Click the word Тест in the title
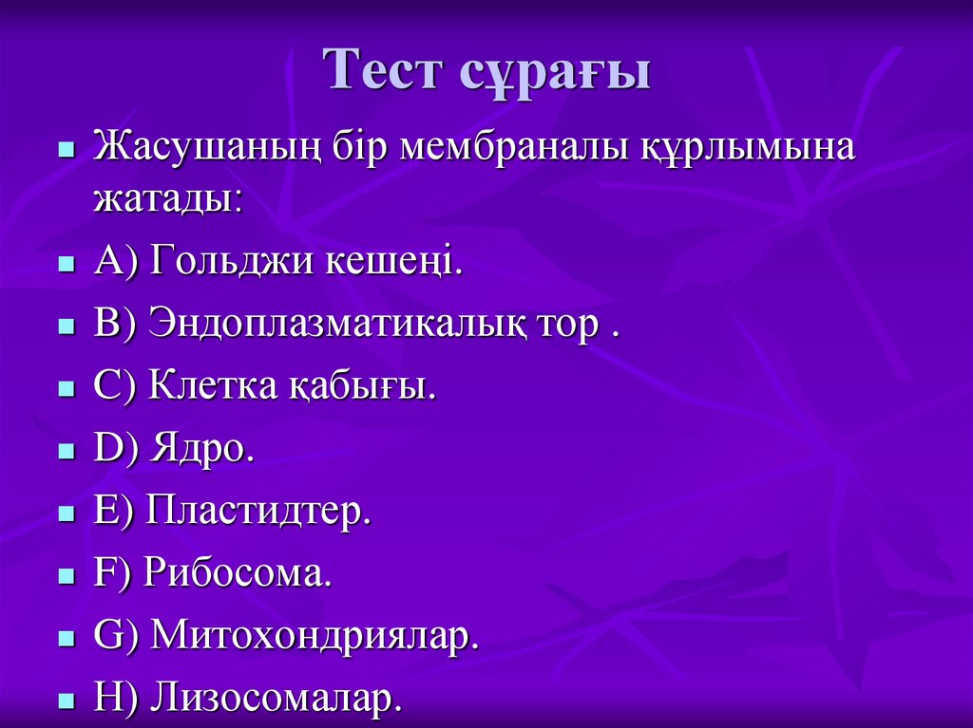[386, 71]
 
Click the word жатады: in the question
[167, 198]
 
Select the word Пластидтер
[258, 512]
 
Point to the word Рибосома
[238, 574]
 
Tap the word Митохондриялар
[315, 637]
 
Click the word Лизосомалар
[277, 699]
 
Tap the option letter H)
[119, 699]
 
